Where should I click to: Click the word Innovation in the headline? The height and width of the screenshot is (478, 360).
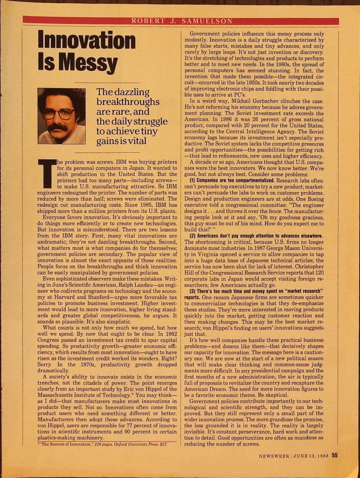[x=86, y=41]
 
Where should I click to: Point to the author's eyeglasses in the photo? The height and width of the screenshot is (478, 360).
[x=59, y=113]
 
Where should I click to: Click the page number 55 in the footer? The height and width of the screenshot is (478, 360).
[x=335, y=456]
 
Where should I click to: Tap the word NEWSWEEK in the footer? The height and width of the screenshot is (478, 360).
[x=276, y=457]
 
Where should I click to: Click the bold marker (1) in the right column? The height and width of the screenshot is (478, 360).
[x=193, y=180]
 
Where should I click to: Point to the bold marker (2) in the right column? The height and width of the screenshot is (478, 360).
[x=193, y=235]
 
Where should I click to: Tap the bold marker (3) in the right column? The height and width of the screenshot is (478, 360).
[x=193, y=291]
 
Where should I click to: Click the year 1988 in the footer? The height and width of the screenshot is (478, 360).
[x=320, y=457]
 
